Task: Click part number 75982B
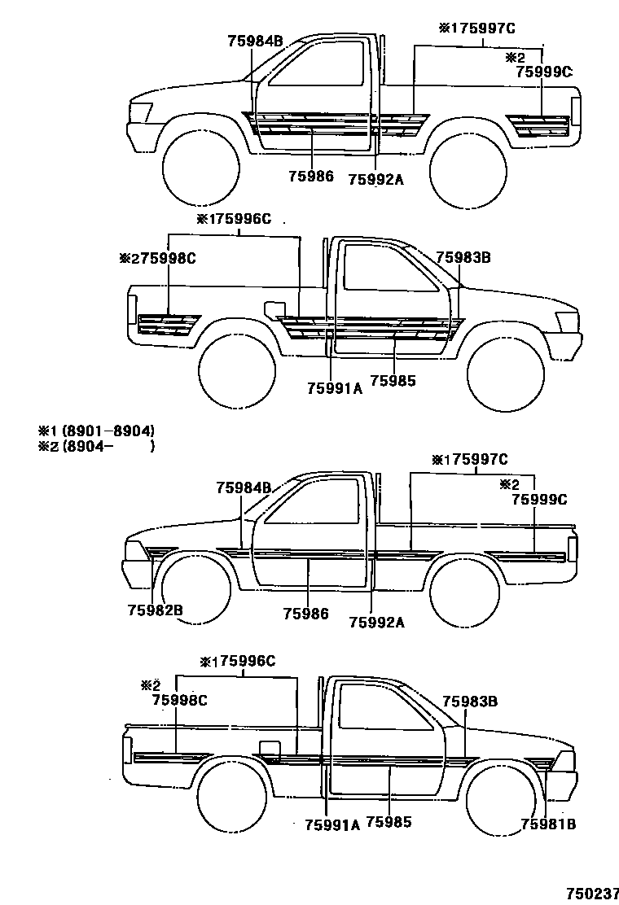(x=154, y=609)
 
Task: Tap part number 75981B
(x=548, y=824)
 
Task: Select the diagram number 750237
(x=592, y=893)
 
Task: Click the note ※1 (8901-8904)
(x=96, y=430)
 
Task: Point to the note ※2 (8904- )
(x=96, y=446)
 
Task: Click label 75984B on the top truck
(x=255, y=40)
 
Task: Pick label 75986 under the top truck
(x=310, y=176)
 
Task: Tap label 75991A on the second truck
(x=334, y=388)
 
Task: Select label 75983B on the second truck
(x=463, y=257)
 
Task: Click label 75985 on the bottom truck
(x=389, y=822)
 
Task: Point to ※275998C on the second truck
(x=157, y=258)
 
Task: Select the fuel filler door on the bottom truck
(x=269, y=747)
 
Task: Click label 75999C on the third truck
(x=538, y=500)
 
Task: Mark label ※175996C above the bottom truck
(x=238, y=661)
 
